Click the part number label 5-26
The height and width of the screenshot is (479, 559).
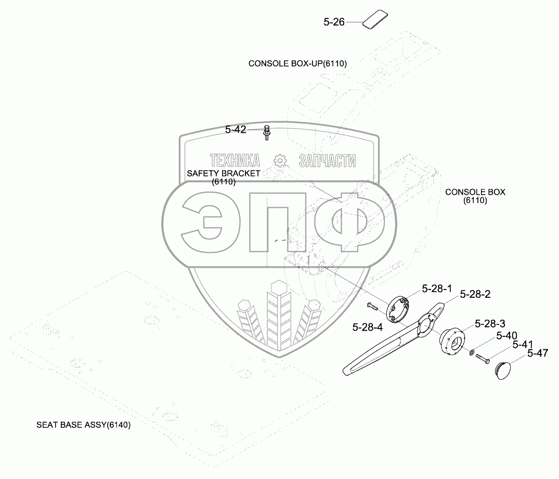pyautogui.click(x=334, y=22)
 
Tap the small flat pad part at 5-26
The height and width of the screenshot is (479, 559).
pyautogui.click(x=374, y=20)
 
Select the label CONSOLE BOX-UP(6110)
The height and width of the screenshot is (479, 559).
pyautogui.click(x=297, y=64)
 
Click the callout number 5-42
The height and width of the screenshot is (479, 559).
pyautogui.click(x=236, y=130)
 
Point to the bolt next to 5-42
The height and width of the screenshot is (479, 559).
pyautogui.click(x=267, y=133)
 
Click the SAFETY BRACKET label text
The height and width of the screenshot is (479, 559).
pyautogui.click(x=224, y=173)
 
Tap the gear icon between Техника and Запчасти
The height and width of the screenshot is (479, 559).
pyautogui.click(x=280, y=160)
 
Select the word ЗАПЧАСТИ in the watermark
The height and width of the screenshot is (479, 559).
pyautogui.click(x=328, y=160)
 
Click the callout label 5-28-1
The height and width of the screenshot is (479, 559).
pyautogui.click(x=437, y=288)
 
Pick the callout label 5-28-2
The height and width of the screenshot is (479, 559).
pyautogui.click(x=475, y=294)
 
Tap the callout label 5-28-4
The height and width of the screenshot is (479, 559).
pyautogui.click(x=367, y=327)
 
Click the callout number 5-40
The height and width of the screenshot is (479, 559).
pyautogui.click(x=506, y=335)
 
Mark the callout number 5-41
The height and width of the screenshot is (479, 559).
pyautogui.click(x=523, y=344)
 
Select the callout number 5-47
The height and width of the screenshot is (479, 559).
pyautogui.click(x=538, y=353)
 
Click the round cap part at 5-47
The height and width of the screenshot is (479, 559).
pyautogui.click(x=502, y=370)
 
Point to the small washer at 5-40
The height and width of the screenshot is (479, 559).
pyautogui.click(x=471, y=353)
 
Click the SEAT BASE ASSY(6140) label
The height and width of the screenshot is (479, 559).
pyautogui.click(x=83, y=425)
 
